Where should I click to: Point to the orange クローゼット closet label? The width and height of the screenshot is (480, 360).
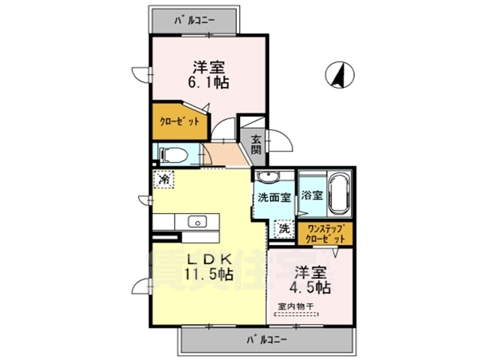179,122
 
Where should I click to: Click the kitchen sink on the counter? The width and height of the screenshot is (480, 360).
197,221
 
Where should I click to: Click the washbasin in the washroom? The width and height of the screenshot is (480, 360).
267,177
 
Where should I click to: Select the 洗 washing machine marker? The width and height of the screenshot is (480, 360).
284,226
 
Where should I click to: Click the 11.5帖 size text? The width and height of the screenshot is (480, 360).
206,274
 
